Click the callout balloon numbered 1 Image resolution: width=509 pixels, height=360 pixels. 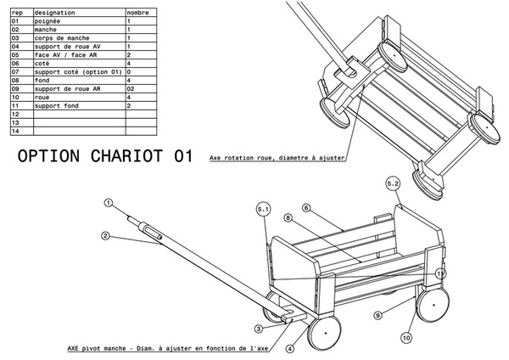click(109, 203)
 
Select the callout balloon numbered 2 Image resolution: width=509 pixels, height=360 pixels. click(105, 235)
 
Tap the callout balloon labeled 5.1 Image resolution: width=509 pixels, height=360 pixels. click(263, 208)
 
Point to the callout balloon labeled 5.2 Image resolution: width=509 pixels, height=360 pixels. click(393, 183)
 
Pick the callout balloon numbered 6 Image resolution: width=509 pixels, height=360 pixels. click(307, 207)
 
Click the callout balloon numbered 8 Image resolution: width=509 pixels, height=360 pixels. click(288, 218)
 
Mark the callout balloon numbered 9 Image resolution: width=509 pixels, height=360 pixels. click(379, 315)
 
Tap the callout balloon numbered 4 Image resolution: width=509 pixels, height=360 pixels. click(290, 347)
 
